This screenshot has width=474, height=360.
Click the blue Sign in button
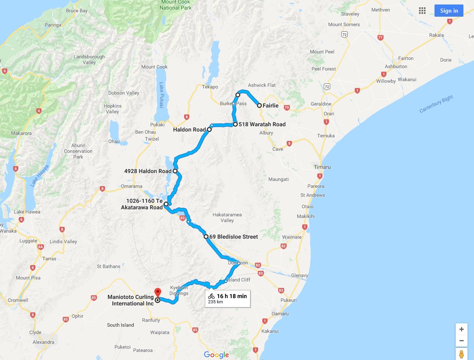tap(449, 11)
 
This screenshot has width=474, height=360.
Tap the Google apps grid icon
tap(422, 11)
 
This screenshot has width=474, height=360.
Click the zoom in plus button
tap(461, 329)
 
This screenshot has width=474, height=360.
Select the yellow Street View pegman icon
tap(461, 354)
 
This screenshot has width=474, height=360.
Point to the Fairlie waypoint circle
tap(259, 105)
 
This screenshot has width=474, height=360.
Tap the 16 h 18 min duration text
tap(232, 296)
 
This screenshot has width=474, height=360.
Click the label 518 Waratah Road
tap(262, 124)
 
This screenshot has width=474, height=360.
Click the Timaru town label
tap(322, 167)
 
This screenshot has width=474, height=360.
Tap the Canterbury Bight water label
tap(436, 104)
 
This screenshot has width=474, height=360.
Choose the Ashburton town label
tap(396, 66)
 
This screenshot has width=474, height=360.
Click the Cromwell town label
tap(18, 300)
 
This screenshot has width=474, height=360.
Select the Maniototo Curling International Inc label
tap(131, 300)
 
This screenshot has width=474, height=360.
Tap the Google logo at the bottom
tap(216, 355)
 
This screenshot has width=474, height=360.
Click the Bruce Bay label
tap(77, 11)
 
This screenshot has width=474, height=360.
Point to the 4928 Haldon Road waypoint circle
tap(175, 171)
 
